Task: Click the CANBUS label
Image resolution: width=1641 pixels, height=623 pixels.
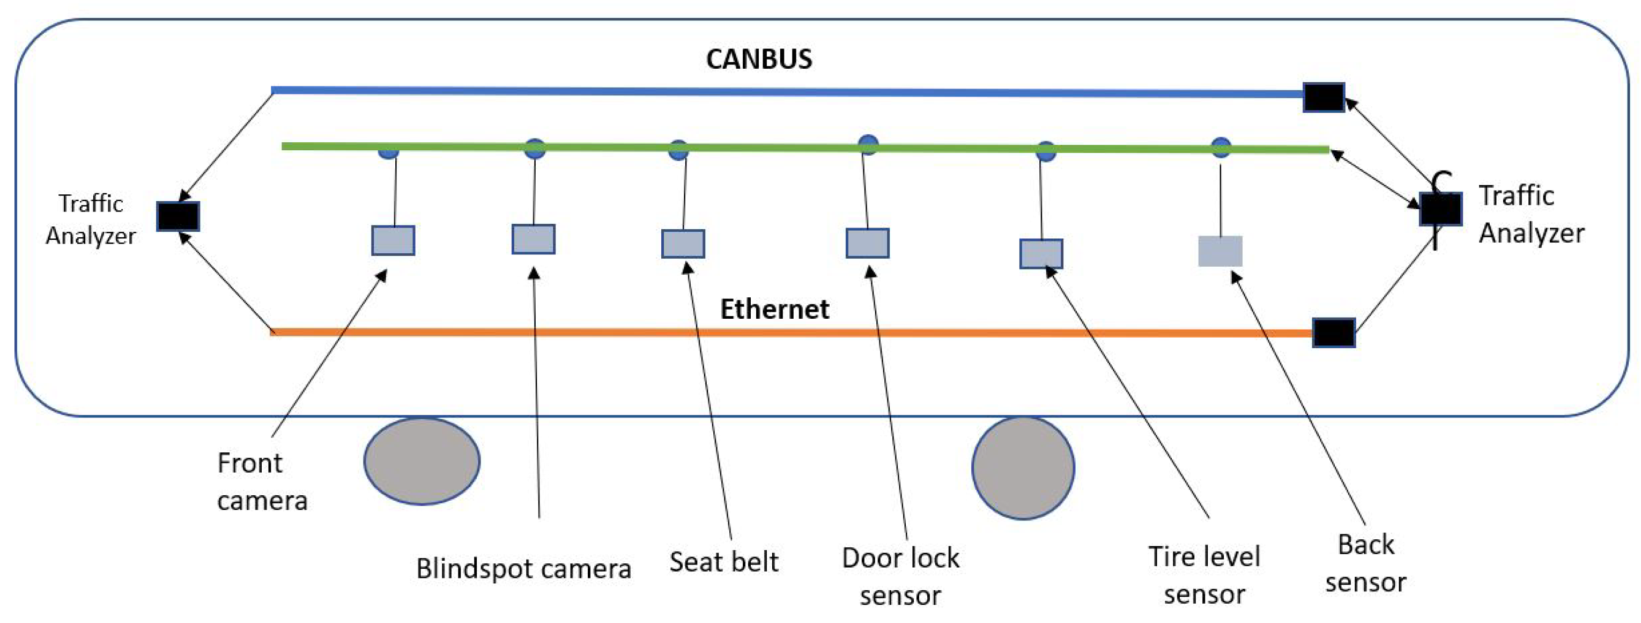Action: [759, 60]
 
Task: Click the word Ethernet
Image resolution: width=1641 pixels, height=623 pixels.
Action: [774, 309]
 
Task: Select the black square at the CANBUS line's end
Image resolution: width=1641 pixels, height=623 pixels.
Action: [1323, 98]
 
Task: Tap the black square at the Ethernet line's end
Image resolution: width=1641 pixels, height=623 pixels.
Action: [1333, 333]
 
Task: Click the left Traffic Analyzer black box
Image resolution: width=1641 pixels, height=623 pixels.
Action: [179, 216]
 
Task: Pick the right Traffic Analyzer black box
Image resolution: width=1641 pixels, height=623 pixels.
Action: [1440, 209]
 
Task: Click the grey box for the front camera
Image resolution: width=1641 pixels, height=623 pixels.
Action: [393, 240]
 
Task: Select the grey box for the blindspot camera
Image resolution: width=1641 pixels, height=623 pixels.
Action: [533, 239]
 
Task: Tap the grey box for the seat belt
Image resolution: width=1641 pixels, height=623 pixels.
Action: [683, 244]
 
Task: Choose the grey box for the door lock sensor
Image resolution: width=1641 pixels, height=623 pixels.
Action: [867, 243]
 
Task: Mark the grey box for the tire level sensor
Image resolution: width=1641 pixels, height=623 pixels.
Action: [1041, 254]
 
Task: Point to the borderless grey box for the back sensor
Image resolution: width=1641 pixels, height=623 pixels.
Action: [1220, 251]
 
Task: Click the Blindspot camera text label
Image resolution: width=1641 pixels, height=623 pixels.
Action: [523, 568]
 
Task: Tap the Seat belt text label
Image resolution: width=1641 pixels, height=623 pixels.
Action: [723, 562]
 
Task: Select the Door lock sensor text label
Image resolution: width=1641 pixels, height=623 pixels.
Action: [900, 576]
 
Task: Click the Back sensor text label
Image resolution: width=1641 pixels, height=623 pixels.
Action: [1365, 563]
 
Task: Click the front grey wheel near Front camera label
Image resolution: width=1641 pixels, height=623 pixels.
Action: [422, 461]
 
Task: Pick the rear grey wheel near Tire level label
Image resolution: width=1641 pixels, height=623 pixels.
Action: [1023, 468]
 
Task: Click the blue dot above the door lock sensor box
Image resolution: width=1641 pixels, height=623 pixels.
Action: [868, 144]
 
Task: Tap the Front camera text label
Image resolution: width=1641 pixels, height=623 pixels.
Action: [262, 481]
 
